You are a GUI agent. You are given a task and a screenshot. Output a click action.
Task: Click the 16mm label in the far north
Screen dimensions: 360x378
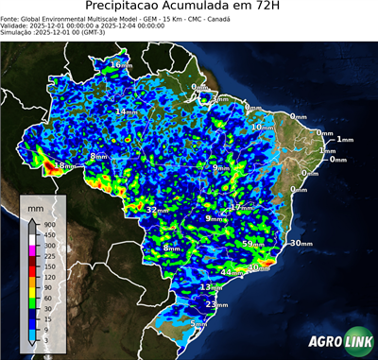(x=121, y=64)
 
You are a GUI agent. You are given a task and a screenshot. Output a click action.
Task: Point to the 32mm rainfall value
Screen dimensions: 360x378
(x=156, y=209)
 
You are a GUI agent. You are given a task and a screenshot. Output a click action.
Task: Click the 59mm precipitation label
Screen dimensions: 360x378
(x=253, y=244)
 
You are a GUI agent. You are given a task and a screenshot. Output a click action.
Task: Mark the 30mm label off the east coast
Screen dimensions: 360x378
(x=301, y=243)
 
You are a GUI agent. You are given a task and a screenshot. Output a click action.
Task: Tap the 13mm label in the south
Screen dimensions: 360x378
(x=211, y=286)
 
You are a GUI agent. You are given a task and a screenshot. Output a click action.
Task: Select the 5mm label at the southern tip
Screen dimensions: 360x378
(x=199, y=324)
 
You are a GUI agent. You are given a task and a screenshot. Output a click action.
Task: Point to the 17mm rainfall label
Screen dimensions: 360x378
(x=241, y=207)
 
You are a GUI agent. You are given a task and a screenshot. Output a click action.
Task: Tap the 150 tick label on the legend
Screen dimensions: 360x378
(x=48, y=266)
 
